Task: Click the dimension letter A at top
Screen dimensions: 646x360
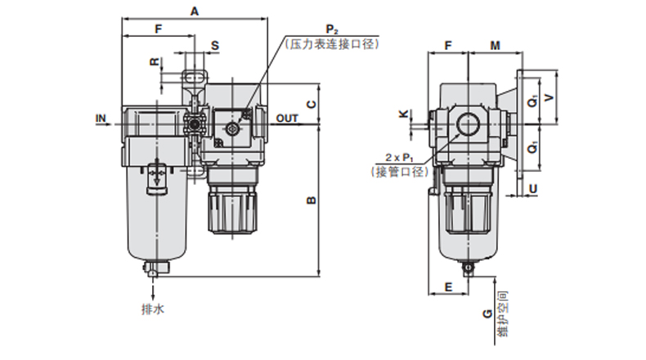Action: (x=195, y=11)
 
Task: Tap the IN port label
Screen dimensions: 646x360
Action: (x=101, y=119)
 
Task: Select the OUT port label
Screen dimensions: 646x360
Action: (x=287, y=119)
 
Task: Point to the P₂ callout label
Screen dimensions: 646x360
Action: (x=332, y=29)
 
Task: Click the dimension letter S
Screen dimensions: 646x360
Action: (x=215, y=46)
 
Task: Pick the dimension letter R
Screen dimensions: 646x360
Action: (x=155, y=62)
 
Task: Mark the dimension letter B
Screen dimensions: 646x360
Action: (x=312, y=200)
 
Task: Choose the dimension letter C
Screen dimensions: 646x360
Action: (x=312, y=105)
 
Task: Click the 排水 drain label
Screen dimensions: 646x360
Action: (x=153, y=309)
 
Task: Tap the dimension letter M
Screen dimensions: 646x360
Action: (x=496, y=45)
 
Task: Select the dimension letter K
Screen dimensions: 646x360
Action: (x=404, y=114)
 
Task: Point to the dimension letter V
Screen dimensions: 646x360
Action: (x=549, y=97)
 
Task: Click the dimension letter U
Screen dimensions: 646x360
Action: (x=533, y=189)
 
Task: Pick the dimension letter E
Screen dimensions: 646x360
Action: (x=449, y=287)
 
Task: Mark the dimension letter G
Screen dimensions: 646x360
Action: (x=487, y=314)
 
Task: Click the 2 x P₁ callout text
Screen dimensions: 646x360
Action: (x=399, y=158)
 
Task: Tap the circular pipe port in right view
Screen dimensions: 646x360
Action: (x=469, y=124)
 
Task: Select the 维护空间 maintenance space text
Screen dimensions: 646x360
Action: (x=503, y=314)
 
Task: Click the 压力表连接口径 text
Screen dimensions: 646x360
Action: (x=332, y=44)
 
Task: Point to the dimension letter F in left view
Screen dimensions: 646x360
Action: (x=158, y=29)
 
